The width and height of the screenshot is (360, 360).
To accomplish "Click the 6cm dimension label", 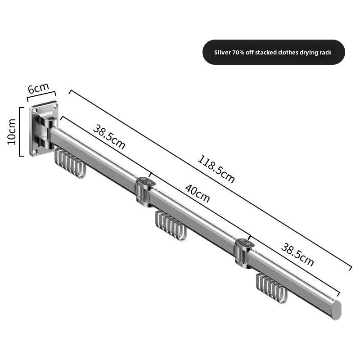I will point(38,88).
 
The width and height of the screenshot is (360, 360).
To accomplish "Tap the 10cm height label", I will point(12,131).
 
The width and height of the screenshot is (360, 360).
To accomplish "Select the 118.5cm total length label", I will point(216,169).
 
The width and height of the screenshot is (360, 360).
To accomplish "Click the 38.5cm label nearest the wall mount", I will point(109,136).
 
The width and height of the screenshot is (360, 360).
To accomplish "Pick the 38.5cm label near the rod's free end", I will point(297,255).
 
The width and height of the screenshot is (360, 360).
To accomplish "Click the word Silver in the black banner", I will point(222,53).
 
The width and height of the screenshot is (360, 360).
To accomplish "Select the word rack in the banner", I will point(325,53).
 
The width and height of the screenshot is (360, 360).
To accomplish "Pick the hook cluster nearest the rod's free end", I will point(272,288).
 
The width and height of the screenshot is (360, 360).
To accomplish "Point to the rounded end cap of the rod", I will point(336,310).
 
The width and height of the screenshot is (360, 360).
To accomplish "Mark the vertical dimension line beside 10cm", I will point(20,131).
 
